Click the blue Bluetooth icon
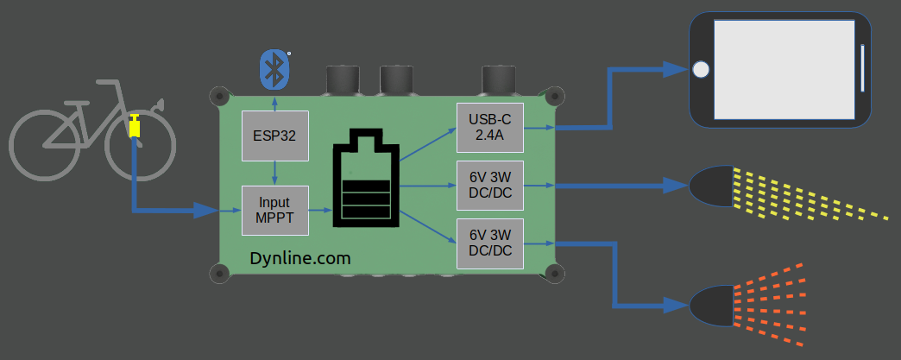point(274,68)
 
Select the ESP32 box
point(274,135)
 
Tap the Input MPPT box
point(274,210)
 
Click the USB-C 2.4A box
point(490,126)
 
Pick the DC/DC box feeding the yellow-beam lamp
point(490,185)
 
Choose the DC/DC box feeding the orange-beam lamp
point(490,243)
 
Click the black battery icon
point(367,180)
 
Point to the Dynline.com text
point(299,257)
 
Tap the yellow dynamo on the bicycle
point(135,127)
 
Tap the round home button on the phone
point(702,69)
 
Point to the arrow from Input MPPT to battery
point(320,210)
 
